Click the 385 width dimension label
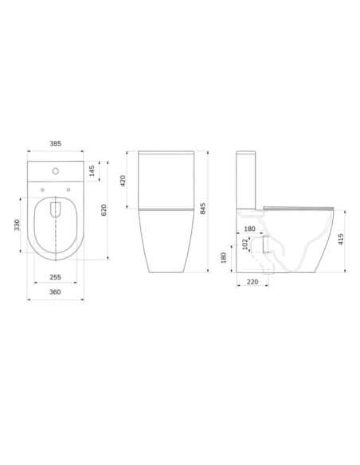[56, 145]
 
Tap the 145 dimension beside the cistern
[92, 171]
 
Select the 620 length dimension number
[103, 210]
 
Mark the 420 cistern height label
[123, 180]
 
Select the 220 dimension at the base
[252, 282]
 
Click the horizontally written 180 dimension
[250, 229]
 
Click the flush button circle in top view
[57, 170]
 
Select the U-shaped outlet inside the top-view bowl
[56, 209]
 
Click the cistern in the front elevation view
[166, 179]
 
